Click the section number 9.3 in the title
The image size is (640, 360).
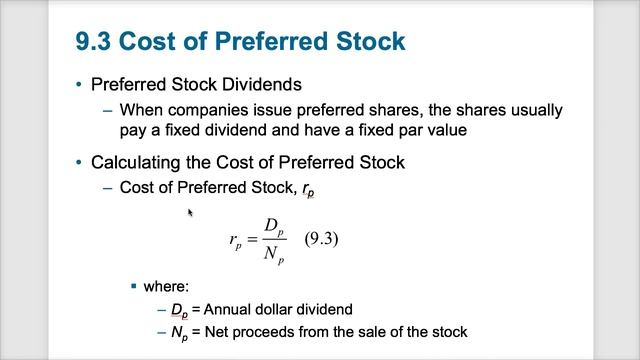tap(98, 41)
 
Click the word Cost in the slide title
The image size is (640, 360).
tap(162, 41)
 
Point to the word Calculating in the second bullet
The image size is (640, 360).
tap(131, 162)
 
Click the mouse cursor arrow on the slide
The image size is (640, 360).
tap(190, 212)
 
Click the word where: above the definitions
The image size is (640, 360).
tap(166, 286)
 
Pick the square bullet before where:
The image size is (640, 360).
tap(133, 286)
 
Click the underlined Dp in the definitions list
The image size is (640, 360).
tap(180, 309)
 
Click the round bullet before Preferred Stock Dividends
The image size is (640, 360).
tap(79, 85)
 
